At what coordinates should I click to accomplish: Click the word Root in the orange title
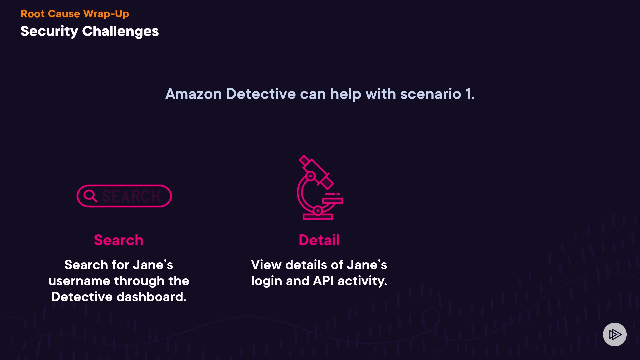click(x=32, y=14)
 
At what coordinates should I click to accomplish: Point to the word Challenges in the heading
click(x=120, y=32)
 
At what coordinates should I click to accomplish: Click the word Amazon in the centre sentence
click(x=193, y=94)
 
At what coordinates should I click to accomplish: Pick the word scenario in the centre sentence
click(x=431, y=94)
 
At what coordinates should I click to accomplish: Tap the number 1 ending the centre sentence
click(x=468, y=94)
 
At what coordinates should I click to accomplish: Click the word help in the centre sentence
click(x=345, y=94)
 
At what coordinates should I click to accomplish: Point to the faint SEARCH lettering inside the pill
click(x=131, y=196)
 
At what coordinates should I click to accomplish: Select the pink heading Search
click(x=119, y=240)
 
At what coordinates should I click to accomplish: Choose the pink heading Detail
click(x=319, y=240)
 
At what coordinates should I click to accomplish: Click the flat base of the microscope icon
click(x=318, y=217)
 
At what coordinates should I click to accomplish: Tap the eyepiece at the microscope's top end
click(x=304, y=160)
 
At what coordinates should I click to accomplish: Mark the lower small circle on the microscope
click(x=318, y=210)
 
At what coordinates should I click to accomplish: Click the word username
click(x=79, y=281)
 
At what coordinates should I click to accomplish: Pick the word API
click(x=323, y=281)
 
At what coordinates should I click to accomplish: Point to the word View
click(x=266, y=265)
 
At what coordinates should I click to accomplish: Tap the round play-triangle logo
click(x=615, y=334)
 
